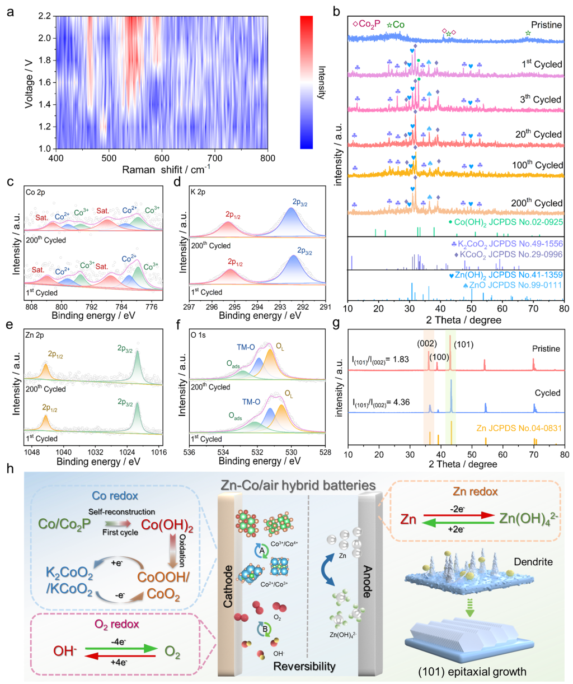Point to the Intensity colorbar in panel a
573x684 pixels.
coord(307,82)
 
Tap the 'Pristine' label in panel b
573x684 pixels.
coord(546,25)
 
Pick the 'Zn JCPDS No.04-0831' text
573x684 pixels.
coord(519,429)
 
